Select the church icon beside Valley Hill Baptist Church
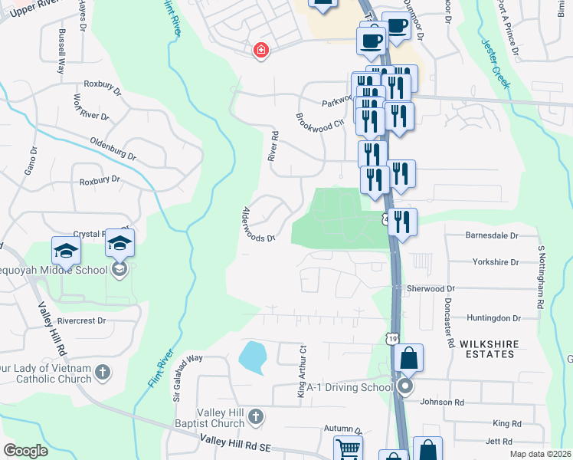pyautogui.click(x=256, y=417)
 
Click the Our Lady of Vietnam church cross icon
pyautogui.click(x=103, y=373)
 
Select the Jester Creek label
pyautogui.click(x=496, y=64)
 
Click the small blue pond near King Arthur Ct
pyautogui.click(x=253, y=356)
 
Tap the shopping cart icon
pyautogui.click(x=348, y=449)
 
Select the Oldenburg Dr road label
pyautogui.click(x=113, y=149)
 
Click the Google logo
pyautogui.click(x=25, y=450)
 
